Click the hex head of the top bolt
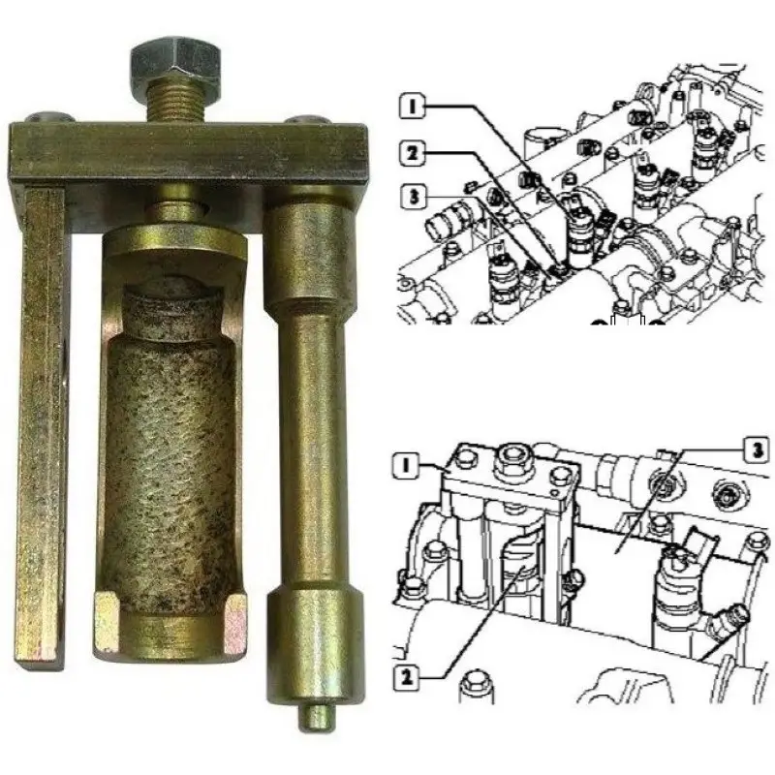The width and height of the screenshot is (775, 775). click(174, 62)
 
